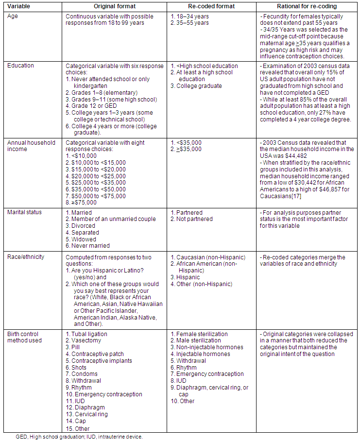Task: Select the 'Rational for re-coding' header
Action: coord(307,6)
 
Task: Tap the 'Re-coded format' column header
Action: coord(211,6)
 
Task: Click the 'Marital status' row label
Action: coord(25,212)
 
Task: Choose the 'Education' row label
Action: coord(20,66)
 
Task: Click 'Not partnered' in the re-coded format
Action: coord(194,219)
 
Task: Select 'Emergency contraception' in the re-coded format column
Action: coord(210,374)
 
